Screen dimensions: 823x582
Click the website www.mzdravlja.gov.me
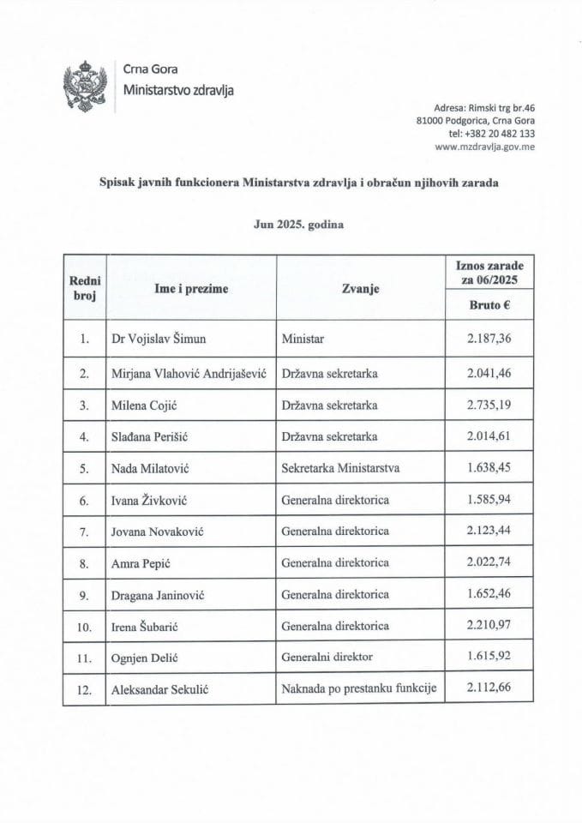(x=486, y=147)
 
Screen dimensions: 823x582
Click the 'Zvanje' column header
(x=360, y=289)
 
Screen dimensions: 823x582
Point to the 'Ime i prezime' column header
(x=190, y=289)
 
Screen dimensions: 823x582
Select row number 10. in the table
(x=84, y=627)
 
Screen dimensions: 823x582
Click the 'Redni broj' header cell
(x=84, y=289)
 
